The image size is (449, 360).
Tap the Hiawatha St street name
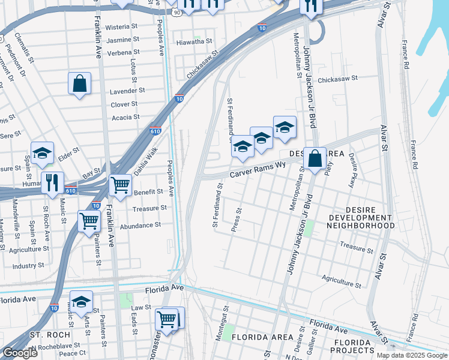tap(194, 42)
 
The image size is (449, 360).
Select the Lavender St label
tap(127, 91)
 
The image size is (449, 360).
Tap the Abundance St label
tap(140, 226)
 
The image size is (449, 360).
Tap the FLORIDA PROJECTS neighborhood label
tap(354, 346)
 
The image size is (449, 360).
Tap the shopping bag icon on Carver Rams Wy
tap(315, 159)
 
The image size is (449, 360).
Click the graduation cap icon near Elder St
tap(42, 154)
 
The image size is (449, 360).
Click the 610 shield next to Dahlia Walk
tap(154, 131)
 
